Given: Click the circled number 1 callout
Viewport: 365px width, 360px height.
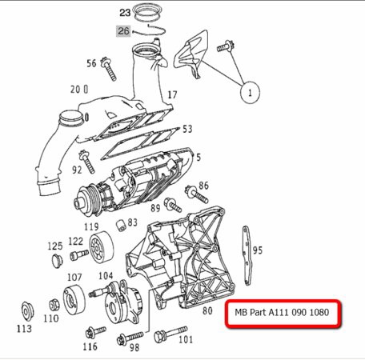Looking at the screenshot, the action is (250, 92).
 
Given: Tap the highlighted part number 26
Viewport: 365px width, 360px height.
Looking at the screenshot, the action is (123, 31).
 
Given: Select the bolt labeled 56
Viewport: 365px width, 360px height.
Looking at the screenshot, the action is (108, 69).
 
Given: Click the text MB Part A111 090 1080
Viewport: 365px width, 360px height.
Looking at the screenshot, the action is (282, 312).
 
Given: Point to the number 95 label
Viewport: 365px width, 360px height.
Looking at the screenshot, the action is (258, 250).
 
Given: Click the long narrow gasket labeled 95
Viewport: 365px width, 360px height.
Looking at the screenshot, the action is (246, 256).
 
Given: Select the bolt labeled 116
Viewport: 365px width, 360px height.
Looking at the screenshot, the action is (96, 332).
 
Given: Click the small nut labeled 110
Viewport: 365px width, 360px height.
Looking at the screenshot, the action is (54, 305).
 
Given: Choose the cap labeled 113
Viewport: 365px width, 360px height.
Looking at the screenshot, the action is (27, 310).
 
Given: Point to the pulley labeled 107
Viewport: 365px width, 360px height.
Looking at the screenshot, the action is (74, 299).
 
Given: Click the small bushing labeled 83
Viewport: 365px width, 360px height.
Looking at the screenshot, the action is (121, 226).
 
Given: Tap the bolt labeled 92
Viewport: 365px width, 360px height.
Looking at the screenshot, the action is (86, 162).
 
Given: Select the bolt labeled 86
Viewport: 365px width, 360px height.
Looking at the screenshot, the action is (197, 194).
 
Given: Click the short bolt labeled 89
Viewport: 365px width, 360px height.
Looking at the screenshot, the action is (172, 205).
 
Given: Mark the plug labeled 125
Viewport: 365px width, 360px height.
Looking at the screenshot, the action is (57, 261).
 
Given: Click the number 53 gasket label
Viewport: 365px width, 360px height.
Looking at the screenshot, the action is (187, 129).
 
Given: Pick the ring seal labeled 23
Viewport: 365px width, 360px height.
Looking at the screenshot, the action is (147, 12).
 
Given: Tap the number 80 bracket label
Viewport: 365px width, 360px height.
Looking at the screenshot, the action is (207, 310).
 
